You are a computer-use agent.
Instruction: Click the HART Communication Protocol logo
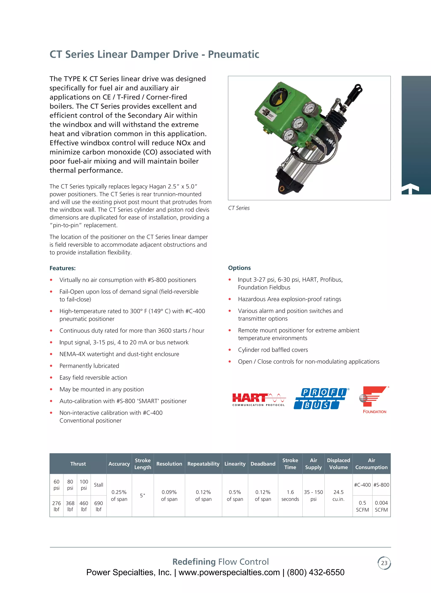(x=259, y=399)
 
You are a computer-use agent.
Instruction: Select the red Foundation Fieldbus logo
(x=374, y=399)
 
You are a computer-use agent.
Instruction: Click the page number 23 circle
(x=384, y=563)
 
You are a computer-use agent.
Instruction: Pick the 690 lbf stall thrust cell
(x=98, y=506)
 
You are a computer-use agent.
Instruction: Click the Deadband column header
(x=263, y=463)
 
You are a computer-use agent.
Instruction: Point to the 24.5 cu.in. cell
(x=338, y=495)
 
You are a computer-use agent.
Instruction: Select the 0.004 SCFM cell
(x=381, y=506)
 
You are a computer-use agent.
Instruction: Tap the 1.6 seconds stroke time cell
(x=290, y=495)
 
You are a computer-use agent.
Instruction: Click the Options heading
(x=239, y=268)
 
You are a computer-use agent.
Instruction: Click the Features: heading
(x=63, y=268)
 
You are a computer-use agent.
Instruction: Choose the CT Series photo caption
(x=239, y=208)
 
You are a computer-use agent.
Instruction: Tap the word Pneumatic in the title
(x=233, y=54)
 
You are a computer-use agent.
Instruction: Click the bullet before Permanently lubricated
(x=51, y=366)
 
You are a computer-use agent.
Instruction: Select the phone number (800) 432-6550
(x=315, y=572)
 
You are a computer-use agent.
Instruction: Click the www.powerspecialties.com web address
(x=229, y=572)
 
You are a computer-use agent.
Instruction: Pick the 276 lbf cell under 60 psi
(x=56, y=506)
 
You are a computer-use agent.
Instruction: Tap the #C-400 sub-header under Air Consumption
(x=362, y=485)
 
